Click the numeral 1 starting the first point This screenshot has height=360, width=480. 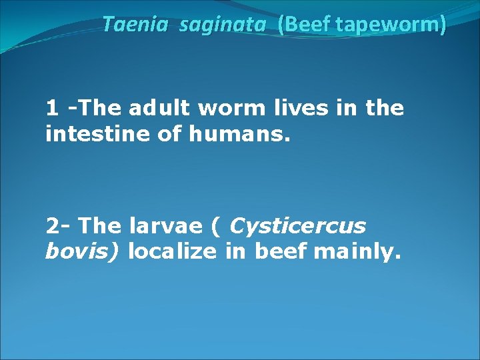coord(51,107)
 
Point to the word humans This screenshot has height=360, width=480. coord(240,135)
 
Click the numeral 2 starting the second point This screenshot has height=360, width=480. coord(53,226)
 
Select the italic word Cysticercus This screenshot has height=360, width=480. coord(297,227)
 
